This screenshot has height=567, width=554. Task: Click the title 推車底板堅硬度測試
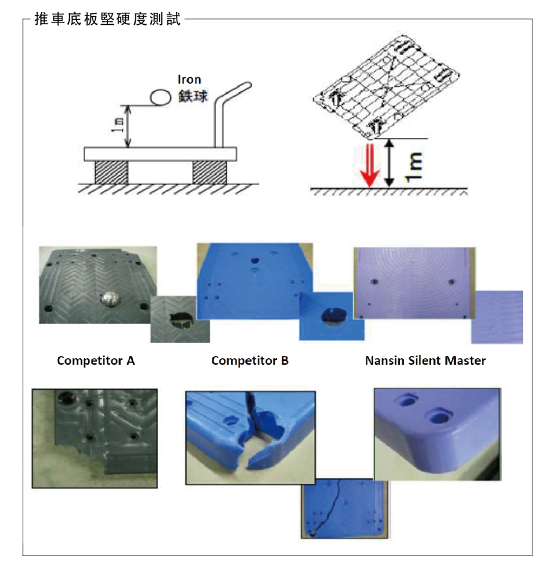[107, 19]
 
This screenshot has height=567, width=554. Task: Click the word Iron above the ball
[189, 80]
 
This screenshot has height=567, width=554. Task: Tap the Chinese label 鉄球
[193, 96]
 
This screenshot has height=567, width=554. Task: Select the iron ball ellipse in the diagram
[160, 97]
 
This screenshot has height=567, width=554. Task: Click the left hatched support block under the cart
[111, 172]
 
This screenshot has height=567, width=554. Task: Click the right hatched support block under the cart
[209, 172]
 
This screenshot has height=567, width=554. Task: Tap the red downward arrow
[370, 165]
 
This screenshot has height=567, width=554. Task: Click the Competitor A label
[96, 361]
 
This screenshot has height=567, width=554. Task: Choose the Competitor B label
[250, 361]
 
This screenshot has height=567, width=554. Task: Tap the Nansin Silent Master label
[425, 361]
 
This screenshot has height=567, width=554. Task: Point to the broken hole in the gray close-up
[181, 318]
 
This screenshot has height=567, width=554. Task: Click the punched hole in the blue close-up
[334, 317]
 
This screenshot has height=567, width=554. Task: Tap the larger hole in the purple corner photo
[439, 416]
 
